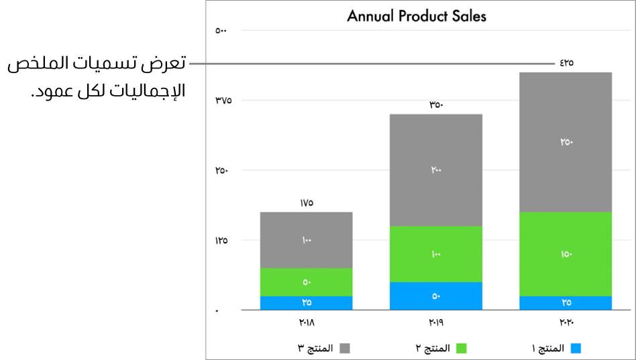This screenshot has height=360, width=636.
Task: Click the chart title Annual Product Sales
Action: [416, 16]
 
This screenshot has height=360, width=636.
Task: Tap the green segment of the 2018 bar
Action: [306, 282]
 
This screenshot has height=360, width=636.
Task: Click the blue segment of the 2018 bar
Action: [306, 302]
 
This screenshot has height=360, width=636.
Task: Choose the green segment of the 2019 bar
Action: [435, 253]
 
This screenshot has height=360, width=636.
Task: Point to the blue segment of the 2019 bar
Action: [435, 296]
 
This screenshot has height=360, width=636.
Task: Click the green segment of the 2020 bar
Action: [566, 253]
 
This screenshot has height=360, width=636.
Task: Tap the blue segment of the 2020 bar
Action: [566, 302]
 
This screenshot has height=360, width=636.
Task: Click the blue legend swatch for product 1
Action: [576, 349]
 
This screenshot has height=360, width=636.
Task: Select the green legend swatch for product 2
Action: [461, 349]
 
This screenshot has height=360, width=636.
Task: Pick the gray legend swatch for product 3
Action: [346, 349]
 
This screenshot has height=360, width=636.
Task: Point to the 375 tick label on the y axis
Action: [223, 101]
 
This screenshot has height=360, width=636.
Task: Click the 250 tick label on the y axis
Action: [223, 170]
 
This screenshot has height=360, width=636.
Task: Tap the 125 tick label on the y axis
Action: [223, 240]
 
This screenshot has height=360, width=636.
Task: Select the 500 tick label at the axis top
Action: [222, 30]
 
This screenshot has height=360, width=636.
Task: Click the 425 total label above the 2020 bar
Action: [566, 63]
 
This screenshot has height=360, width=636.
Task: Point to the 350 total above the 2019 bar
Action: [436, 105]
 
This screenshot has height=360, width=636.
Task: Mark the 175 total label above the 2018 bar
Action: [306, 202]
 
